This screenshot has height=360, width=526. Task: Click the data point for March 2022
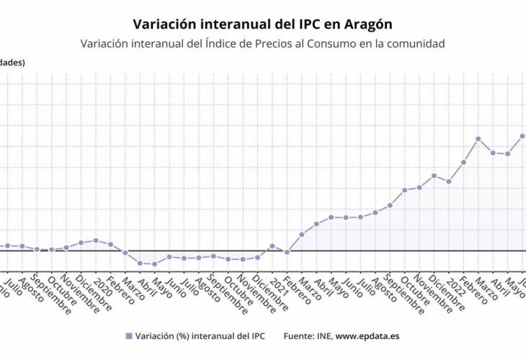click(x=478, y=138)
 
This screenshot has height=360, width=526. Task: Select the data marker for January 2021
click(x=272, y=246)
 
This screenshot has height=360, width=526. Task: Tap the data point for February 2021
click(x=287, y=252)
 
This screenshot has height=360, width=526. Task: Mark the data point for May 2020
click(x=154, y=264)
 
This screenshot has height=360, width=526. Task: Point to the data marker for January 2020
click(x=96, y=240)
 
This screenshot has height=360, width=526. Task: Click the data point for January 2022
click(x=449, y=181)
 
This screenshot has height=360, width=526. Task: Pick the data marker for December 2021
click(x=434, y=176)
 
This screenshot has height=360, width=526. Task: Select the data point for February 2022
click(x=463, y=162)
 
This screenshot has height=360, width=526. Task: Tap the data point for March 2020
click(x=125, y=253)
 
